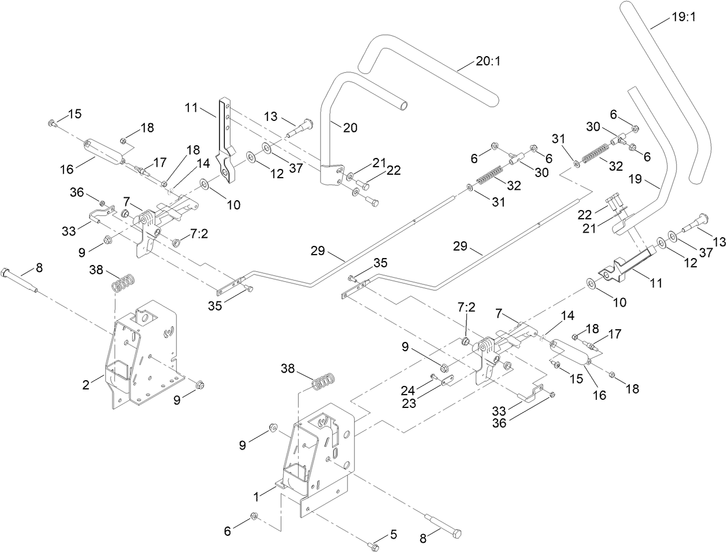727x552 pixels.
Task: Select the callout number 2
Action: [86, 385]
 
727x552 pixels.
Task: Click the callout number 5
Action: [394, 535]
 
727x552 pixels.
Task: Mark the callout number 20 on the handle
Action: [350, 128]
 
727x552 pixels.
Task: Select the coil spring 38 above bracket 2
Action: [123, 284]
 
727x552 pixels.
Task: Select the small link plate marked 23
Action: [446, 382]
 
